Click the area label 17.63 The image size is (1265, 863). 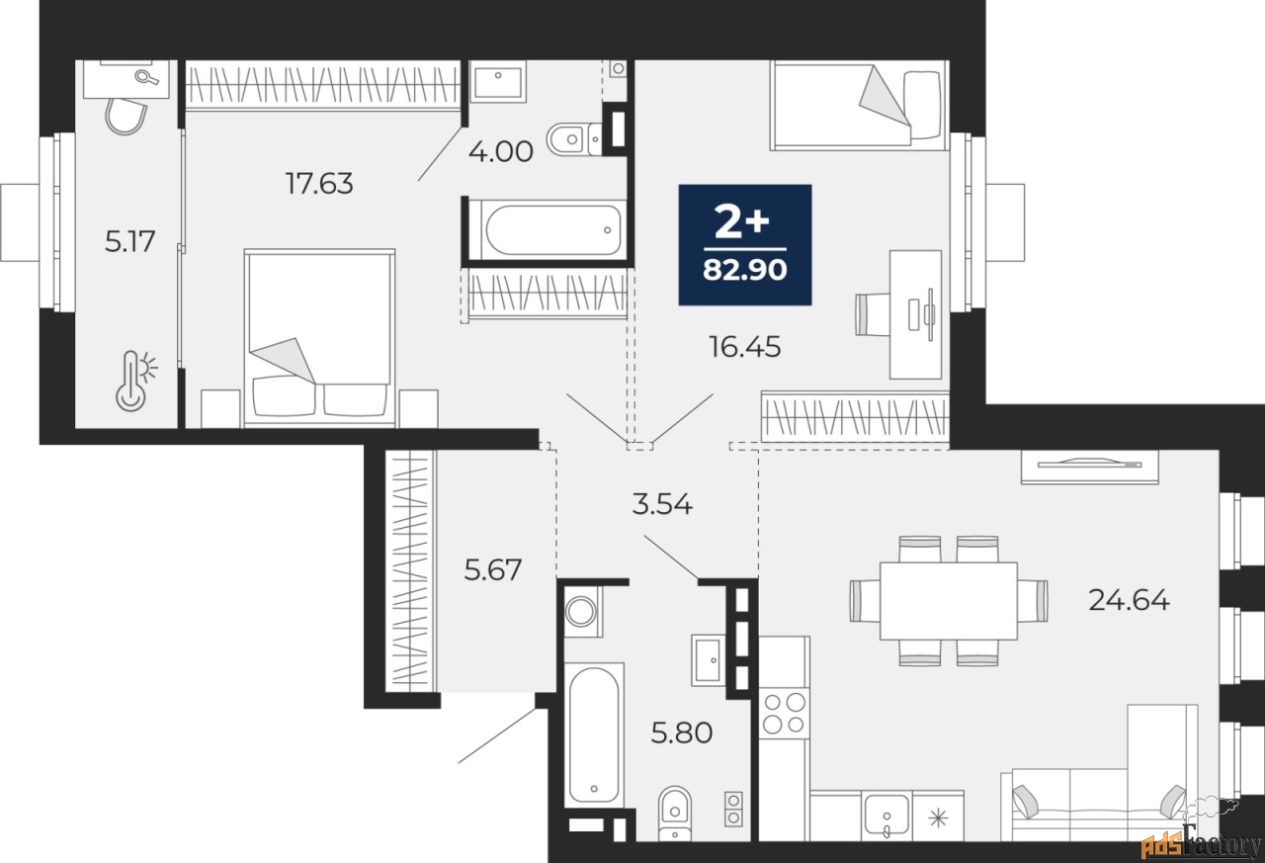click(x=319, y=184)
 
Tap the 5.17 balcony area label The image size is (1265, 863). click(x=129, y=241)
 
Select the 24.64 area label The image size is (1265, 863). click(x=1129, y=600)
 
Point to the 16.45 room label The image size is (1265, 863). click(x=745, y=347)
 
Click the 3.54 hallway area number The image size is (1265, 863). click(x=662, y=504)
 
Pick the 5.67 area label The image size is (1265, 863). click(x=492, y=569)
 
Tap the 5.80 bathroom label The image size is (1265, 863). click(x=682, y=733)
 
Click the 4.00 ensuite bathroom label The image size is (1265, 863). click(x=501, y=151)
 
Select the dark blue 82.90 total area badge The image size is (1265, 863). click(x=745, y=244)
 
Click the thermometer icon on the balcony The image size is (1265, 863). click(x=135, y=381)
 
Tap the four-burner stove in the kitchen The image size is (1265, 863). click(x=784, y=713)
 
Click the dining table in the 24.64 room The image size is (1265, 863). click(x=949, y=601)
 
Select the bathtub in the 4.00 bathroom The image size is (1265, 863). click(x=547, y=230)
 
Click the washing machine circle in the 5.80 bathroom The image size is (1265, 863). click(x=581, y=611)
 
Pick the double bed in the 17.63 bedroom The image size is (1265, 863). click(x=319, y=338)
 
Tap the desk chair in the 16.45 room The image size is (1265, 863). click(x=873, y=314)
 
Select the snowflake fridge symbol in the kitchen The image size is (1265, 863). click(x=938, y=818)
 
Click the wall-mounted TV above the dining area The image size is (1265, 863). click(x=1089, y=466)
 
